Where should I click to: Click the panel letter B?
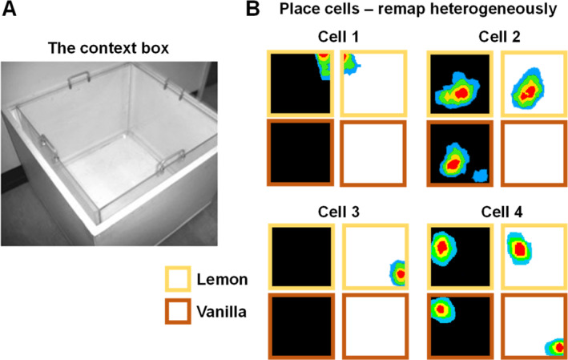[x=253, y=10]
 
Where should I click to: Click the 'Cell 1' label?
[x=337, y=37]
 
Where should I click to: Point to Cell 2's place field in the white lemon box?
[x=527, y=90]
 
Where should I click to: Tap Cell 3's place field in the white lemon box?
[x=399, y=273]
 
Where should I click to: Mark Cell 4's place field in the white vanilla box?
[x=555, y=347]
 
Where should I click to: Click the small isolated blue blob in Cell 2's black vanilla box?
[x=480, y=175]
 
